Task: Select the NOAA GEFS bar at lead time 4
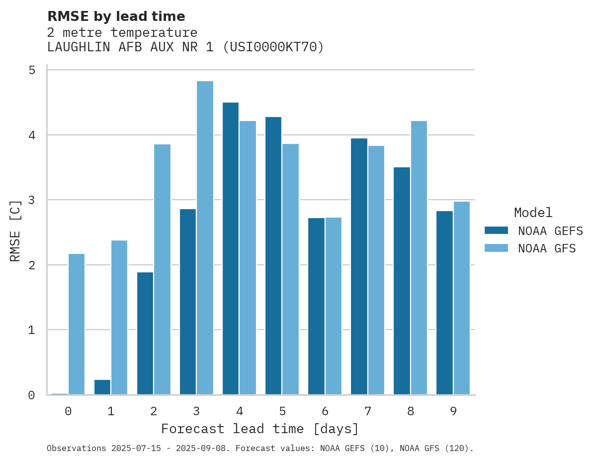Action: pos(231,248)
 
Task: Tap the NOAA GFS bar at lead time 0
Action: pos(77,324)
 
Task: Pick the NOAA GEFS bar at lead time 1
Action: pos(102,387)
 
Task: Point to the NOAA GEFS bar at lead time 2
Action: pos(145,333)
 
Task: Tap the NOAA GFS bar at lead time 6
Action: pos(333,306)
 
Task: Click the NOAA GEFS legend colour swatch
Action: pos(496,231)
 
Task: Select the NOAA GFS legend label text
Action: pos(547,248)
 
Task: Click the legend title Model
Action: pos(533,213)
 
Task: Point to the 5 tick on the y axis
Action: pos(32,70)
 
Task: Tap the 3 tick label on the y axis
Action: pos(32,200)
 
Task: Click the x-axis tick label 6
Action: pos(325,412)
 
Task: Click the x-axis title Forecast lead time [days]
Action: pos(259,429)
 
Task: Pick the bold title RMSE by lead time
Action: pos(116,16)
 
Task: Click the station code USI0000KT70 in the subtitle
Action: pos(273,47)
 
